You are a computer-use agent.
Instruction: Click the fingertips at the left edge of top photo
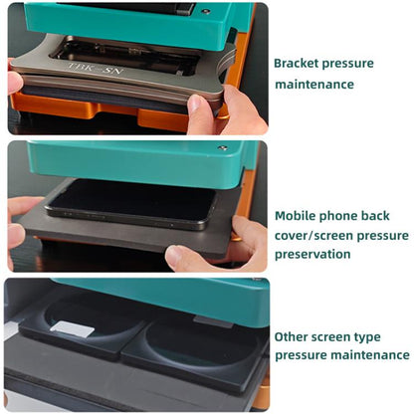coord(14,83)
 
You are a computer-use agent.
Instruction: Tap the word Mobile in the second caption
coord(296,215)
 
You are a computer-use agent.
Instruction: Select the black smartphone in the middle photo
coord(129,203)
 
